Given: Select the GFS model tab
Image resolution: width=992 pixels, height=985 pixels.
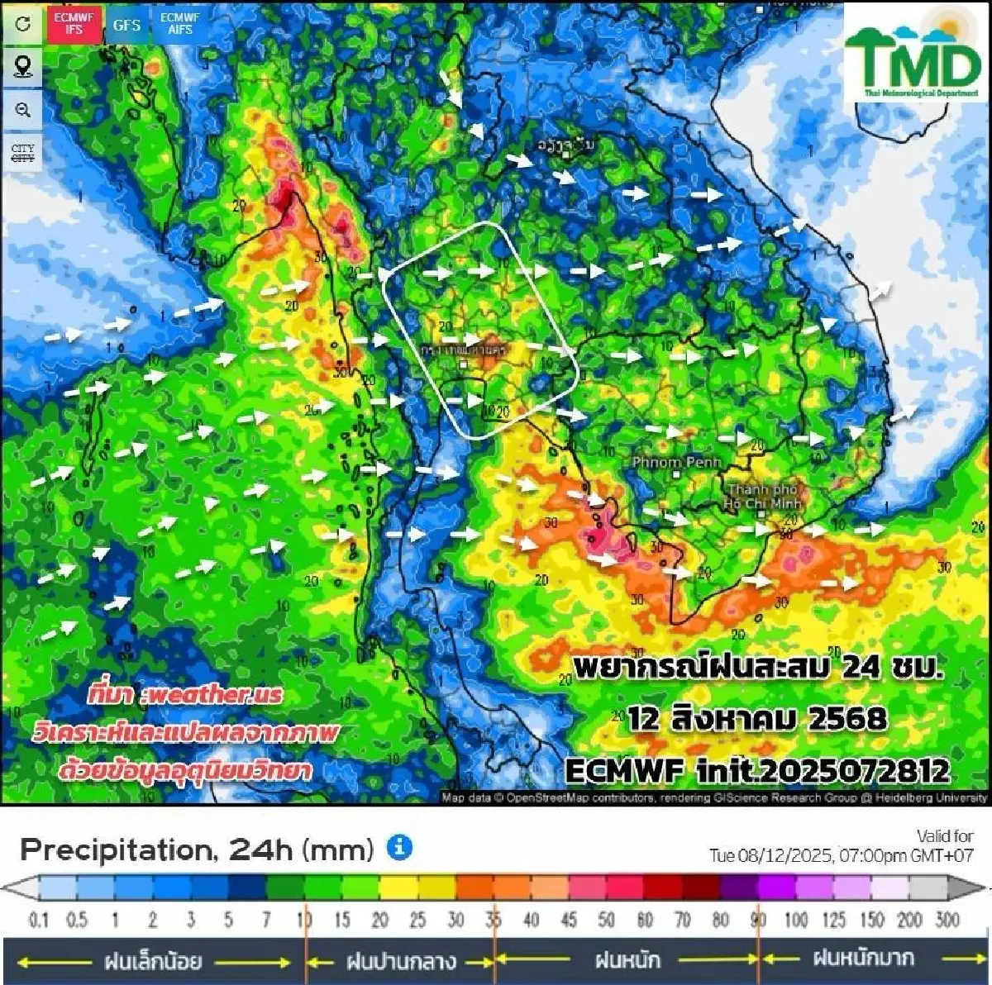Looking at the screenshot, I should click(126, 25).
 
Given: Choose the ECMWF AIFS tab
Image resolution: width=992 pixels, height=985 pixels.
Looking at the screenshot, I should click(180, 24).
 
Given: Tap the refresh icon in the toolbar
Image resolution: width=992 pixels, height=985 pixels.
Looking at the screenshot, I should click(23, 24).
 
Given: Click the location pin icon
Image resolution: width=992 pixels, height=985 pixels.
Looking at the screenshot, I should click(23, 66).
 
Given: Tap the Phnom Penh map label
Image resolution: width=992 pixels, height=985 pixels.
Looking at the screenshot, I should click(676, 463).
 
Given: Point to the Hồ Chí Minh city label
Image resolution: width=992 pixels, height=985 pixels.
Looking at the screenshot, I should click(761, 497).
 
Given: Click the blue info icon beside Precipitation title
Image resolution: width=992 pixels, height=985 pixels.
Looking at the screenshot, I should click(399, 847).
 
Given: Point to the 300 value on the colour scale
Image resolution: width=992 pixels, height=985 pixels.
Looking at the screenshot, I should click(947, 920).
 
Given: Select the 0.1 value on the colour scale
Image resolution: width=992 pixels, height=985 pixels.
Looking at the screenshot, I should click(39, 920).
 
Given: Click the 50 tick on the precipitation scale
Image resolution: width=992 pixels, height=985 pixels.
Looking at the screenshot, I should click(606, 920).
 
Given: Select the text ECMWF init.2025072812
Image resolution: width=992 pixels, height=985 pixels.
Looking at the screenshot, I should click(756, 771).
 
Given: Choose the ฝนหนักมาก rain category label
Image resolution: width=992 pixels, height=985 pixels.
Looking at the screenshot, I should click(863, 959).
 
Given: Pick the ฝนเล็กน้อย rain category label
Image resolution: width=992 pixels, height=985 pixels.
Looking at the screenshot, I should click(153, 961).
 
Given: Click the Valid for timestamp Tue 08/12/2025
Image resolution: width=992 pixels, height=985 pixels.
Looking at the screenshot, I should click(841, 854).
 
